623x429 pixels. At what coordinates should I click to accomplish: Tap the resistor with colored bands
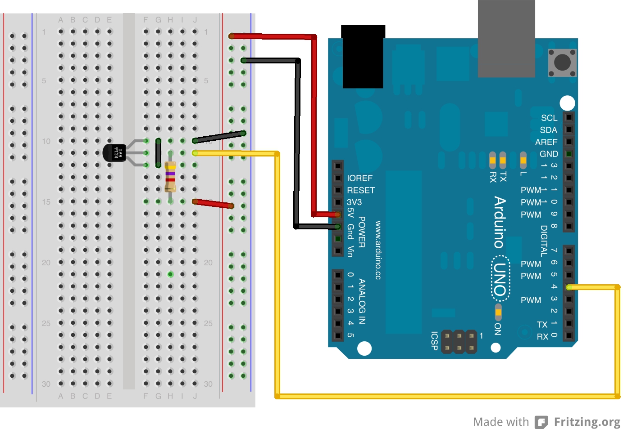point(170,176)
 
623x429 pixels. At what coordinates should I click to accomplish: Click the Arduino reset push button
point(562,62)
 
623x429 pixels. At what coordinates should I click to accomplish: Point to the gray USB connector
point(506,38)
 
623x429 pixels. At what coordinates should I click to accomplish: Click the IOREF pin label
point(359,178)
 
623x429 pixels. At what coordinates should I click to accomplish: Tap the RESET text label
point(360,190)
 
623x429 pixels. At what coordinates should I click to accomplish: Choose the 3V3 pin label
point(354,202)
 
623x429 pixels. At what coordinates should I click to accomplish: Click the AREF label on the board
point(546,142)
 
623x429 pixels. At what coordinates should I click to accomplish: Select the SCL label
point(549,118)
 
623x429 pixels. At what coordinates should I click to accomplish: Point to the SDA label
point(548,130)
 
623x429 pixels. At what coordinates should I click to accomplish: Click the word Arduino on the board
point(499,222)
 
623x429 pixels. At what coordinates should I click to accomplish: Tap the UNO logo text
point(500,279)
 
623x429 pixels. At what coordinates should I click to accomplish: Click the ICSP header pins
point(459,342)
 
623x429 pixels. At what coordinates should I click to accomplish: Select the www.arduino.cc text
point(378,250)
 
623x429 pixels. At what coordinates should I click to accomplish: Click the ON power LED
point(498,311)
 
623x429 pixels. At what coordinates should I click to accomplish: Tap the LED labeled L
point(523,160)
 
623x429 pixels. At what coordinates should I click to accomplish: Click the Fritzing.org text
point(587,422)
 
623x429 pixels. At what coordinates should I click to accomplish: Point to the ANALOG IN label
point(362,301)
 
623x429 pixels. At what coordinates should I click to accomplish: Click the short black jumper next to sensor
point(158,153)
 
